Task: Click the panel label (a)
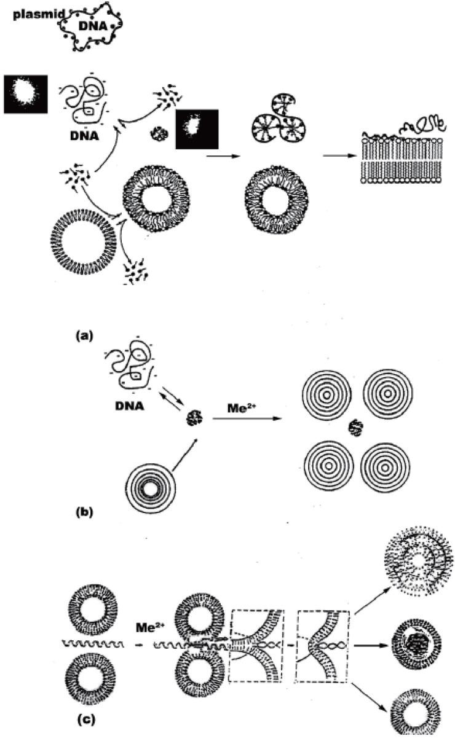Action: pyautogui.click(x=84, y=335)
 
